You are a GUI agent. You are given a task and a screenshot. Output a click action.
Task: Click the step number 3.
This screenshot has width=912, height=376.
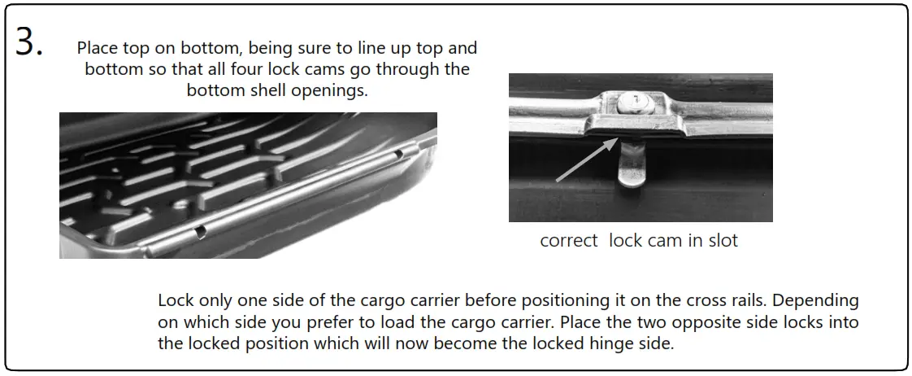29,43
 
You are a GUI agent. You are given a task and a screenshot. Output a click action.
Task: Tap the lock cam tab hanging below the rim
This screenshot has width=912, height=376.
632,166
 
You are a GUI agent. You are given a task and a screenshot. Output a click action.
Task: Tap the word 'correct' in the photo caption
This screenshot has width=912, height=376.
569,241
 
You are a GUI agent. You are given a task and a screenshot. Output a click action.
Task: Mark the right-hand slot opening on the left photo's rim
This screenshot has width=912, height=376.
397,154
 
